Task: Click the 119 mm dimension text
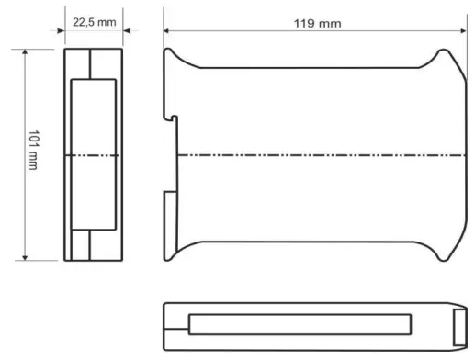coord(316,21)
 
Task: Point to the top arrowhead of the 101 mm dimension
coord(26,52)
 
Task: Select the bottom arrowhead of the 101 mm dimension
coord(26,257)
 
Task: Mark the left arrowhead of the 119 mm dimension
coord(168,30)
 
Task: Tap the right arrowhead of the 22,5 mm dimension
coord(122,30)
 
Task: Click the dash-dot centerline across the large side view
coord(312,155)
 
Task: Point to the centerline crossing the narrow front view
coord(91,155)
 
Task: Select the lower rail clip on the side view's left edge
coord(169,209)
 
